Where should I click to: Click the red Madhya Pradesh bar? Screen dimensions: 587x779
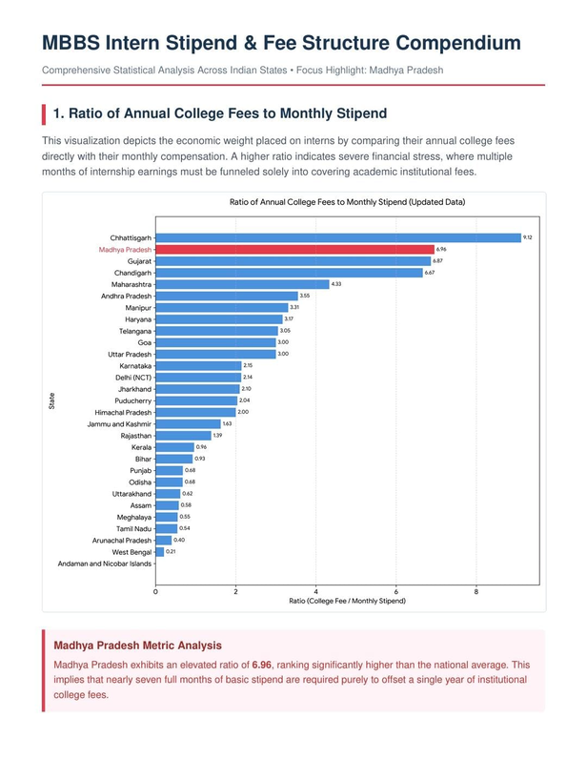tap(295, 250)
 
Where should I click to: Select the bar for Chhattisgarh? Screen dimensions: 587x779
tap(338, 237)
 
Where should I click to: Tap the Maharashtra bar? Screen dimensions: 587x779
tap(242, 284)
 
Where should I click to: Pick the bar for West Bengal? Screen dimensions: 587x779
tap(160, 552)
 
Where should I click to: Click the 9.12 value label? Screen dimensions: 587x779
tap(527, 237)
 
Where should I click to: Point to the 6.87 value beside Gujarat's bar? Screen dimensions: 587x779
tap(437, 261)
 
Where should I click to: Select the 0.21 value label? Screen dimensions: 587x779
tap(171, 551)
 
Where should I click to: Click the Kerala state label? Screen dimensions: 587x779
tap(142, 447)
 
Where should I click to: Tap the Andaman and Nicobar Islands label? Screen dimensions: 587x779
tap(104, 564)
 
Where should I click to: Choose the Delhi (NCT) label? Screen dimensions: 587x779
tap(133, 378)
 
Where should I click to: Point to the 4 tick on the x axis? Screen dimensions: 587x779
tap(315, 592)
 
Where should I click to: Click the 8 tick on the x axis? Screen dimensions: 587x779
tap(476, 592)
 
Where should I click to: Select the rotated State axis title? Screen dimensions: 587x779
tap(51, 400)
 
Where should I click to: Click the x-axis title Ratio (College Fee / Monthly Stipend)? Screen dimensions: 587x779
tap(347, 601)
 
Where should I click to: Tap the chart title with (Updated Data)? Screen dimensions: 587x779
tap(347, 202)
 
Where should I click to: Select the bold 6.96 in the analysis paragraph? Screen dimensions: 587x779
tap(262, 665)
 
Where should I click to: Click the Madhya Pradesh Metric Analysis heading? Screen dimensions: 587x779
tap(137, 646)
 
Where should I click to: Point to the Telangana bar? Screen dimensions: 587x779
tap(217, 331)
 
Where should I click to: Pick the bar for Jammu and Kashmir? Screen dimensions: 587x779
tap(189, 423)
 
